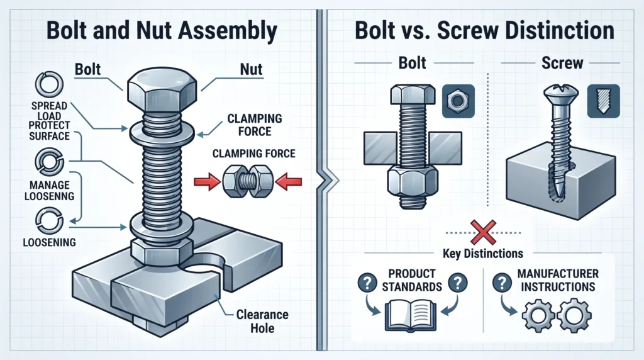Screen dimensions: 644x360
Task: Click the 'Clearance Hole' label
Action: (x=262, y=322)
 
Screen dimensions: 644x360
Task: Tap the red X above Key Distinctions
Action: (x=483, y=233)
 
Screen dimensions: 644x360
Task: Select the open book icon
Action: (x=411, y=315)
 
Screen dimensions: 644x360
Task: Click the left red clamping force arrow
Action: (x=207, y=182)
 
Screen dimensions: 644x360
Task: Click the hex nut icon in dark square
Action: (x=458, y=101)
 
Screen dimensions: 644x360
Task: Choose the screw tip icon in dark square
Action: (x=603, y=101)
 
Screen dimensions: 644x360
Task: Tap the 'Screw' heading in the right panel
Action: (x=562, y=63)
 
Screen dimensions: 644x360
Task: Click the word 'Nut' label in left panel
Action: (x=251, y=69)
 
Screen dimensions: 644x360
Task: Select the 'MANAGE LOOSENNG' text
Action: (x=49, y=191)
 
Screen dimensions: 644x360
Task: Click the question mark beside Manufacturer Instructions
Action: (x=501, y=283)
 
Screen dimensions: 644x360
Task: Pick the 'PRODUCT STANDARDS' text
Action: (x=412, y=280)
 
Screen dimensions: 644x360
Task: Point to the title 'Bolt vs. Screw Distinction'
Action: (x=484, y=30)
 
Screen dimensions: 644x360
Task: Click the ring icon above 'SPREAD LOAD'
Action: (x=49, y=84)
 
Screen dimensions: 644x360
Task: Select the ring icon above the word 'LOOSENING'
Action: (x=49, y=221)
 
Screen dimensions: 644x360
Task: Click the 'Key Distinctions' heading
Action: (x=482, y=254)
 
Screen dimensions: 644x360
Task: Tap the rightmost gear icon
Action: (x=574, y=315)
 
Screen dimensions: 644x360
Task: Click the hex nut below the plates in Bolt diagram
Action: (x=413, y=183)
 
